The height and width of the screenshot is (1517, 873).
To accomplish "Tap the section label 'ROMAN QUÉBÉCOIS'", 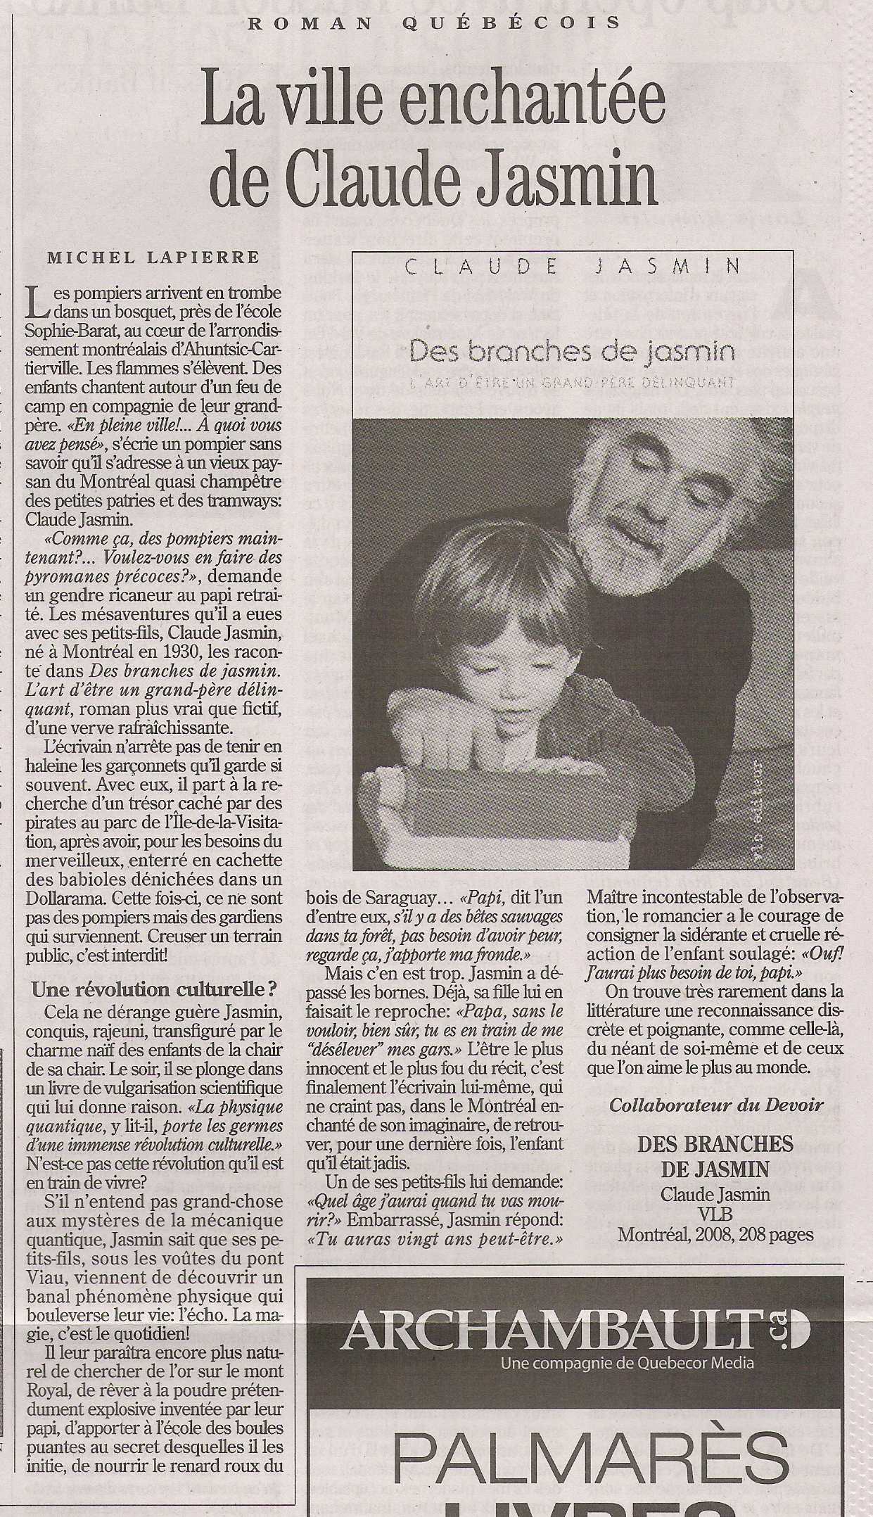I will tap(435, 23).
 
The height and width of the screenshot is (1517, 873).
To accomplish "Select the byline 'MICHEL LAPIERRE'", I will tap(153, 258).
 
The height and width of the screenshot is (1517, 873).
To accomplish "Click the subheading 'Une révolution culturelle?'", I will tap(153, 989).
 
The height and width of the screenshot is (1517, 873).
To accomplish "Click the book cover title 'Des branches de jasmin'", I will tap(571, 351).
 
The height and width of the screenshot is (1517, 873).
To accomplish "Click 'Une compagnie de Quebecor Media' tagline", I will tap(627, 1363).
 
